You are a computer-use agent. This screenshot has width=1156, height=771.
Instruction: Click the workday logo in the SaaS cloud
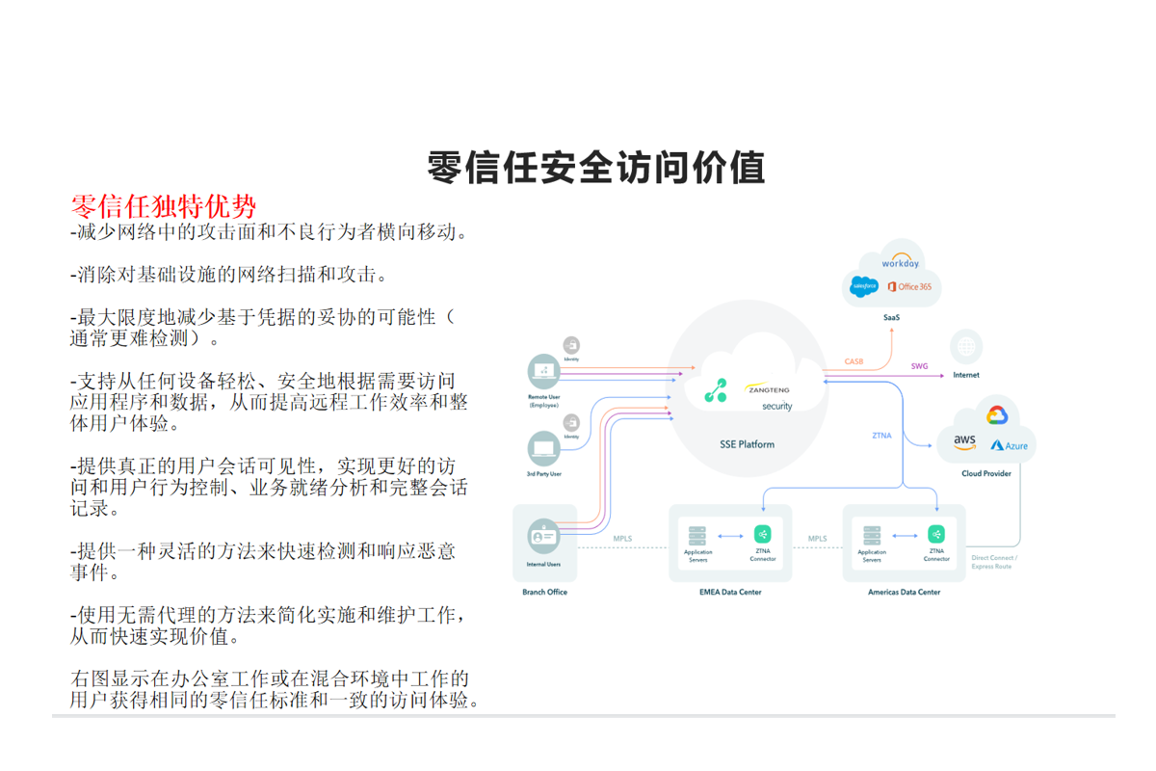tap(901, 262)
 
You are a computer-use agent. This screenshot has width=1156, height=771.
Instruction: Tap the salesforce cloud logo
tap(864, 286)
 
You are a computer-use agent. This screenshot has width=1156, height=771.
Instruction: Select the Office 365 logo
tap(909, 286)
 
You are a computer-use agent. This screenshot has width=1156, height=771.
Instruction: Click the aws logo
tap(964, 441)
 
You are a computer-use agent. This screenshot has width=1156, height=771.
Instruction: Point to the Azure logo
tap(1009, 445)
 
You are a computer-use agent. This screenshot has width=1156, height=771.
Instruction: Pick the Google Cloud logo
tap(996, 415)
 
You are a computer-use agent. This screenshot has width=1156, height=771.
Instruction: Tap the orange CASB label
tap(854, 362)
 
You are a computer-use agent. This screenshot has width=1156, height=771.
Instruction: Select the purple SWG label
tap(919, 366)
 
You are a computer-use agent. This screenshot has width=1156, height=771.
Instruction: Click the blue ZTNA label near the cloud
tap(881, 436)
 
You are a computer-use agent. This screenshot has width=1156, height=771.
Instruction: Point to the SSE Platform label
tap(747, 444)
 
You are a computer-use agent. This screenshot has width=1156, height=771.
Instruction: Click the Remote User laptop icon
tap(544, 371)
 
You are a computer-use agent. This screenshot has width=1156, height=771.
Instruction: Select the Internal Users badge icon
tap(543, 536)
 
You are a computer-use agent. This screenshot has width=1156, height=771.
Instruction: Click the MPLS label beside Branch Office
tap(623, 539)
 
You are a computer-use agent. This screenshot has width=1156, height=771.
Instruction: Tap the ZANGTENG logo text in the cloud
tap(768, 390)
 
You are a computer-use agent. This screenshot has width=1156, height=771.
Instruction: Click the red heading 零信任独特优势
tap(164, 206)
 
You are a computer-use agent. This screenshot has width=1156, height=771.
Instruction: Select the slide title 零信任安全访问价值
tap(596, 167)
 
